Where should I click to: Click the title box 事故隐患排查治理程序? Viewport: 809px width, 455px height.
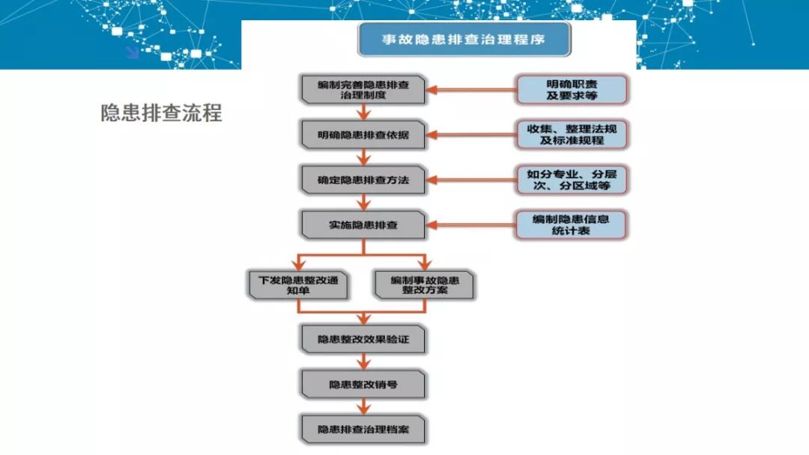point(464,40)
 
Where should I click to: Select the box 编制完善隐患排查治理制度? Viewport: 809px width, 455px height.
point(363,90)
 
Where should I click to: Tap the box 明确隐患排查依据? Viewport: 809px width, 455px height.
point(363,135)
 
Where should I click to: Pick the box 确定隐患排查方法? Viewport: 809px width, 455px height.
point(363,180)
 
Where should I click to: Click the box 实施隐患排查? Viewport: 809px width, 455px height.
point(363,225)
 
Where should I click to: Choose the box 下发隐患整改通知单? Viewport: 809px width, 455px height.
point(298,284)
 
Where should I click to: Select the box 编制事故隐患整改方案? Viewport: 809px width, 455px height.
point(424,284)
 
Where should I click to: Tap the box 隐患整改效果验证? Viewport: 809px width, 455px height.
point(363,339)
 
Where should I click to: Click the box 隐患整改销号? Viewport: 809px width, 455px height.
point(363,384)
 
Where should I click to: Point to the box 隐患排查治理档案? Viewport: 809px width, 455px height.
point(363,430)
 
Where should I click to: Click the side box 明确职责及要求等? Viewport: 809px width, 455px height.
point(572,90)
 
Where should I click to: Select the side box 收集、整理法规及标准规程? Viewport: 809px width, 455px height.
point(572,135)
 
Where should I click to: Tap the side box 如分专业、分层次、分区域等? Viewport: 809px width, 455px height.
point(572,180)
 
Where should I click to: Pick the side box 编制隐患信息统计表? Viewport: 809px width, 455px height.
point(572,225)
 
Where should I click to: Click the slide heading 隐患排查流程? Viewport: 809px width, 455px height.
point(161,112)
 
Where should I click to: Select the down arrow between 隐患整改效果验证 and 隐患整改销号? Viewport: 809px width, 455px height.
point(363,361)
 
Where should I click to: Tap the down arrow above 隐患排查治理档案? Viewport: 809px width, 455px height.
point(363,406)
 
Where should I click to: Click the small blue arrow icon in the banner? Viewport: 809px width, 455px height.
point(132,52)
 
